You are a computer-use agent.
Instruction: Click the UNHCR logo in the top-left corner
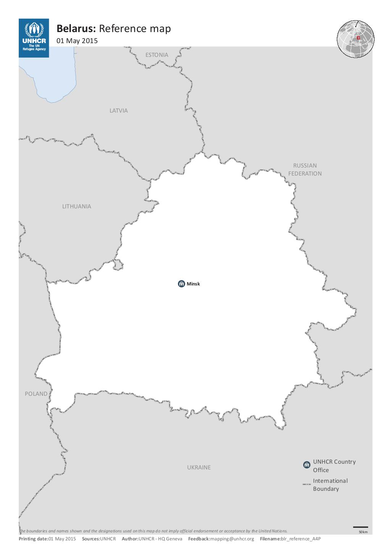[x=34, y=38]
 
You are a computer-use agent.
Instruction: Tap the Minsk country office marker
[x=181, y=284]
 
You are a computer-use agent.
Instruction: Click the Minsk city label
[x=193, y=284]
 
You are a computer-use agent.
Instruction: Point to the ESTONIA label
[x=157, y=55]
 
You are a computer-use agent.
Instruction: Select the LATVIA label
[x=119, y=111]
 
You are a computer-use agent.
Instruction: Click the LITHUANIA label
[x=77, y=206]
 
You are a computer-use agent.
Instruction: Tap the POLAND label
[x=36, y=394]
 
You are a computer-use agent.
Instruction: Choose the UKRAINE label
[x=199, y=468]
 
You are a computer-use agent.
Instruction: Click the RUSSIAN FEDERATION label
[x=305, y=169]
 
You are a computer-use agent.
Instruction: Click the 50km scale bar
[x=360, y=527]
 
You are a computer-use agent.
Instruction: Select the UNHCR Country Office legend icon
[x=306, y=465]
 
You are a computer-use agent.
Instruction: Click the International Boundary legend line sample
[x=307, y=484]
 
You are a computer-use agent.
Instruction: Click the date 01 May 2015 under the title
[x=77, y=41]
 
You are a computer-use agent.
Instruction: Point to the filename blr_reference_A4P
[x=301, y=539]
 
